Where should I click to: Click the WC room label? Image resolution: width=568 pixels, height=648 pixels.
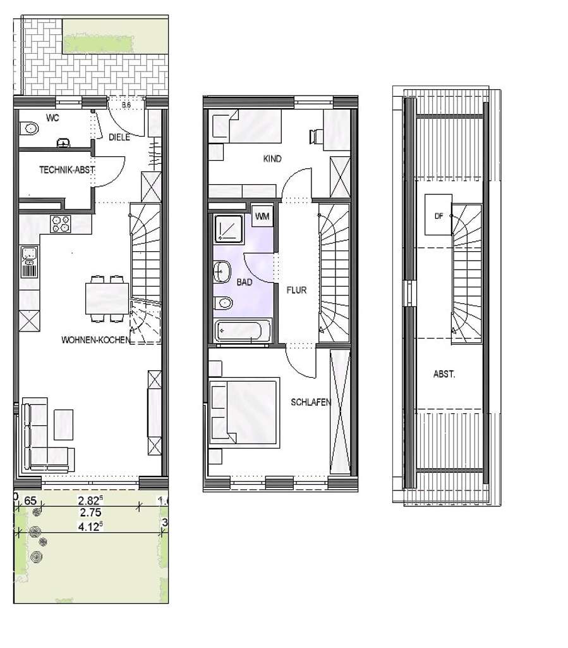pos(52,118)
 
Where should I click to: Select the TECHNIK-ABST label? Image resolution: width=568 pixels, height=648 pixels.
pos(67,170)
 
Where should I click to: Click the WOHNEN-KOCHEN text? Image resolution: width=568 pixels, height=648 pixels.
pos(96,340)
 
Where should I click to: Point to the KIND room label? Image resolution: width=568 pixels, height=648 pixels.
pos(272,158)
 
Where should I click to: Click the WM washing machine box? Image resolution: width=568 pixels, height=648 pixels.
pos(262,216)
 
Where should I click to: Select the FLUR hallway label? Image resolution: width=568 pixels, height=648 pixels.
pos(296,292)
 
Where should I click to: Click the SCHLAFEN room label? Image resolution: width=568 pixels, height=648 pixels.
pos(311,401)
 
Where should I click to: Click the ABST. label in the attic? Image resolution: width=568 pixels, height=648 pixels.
pos(445,374)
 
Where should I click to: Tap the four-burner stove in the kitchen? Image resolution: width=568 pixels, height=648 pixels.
pos(61,224)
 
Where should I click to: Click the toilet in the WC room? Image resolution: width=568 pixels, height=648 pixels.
pos(30,129)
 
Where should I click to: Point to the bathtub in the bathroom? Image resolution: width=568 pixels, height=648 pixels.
pos(243,331)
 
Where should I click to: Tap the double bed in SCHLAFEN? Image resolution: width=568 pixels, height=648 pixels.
pos(244,410)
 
